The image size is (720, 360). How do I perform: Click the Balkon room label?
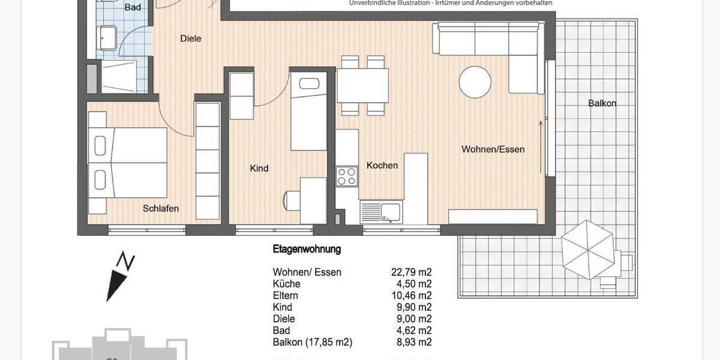602,103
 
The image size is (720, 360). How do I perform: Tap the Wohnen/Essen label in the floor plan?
493,149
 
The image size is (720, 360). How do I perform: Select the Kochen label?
382,165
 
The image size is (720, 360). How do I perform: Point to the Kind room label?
259,169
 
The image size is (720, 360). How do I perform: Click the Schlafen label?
161,209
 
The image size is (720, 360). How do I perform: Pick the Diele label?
191,38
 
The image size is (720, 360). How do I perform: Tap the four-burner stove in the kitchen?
347,176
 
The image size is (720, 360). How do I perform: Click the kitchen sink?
381,212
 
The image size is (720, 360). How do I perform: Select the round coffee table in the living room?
475,81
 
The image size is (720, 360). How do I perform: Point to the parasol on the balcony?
588,249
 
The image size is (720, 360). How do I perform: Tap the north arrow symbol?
119,277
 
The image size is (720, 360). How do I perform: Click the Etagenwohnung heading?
307,249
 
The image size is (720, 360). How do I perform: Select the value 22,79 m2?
411,272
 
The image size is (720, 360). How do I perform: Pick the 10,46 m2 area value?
411,296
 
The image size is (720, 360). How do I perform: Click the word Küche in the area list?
286,284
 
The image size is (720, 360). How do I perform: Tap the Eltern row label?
286,296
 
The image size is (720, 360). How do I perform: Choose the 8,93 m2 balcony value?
413,343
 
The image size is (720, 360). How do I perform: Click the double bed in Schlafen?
128,162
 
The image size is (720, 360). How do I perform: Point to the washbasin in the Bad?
109,38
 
